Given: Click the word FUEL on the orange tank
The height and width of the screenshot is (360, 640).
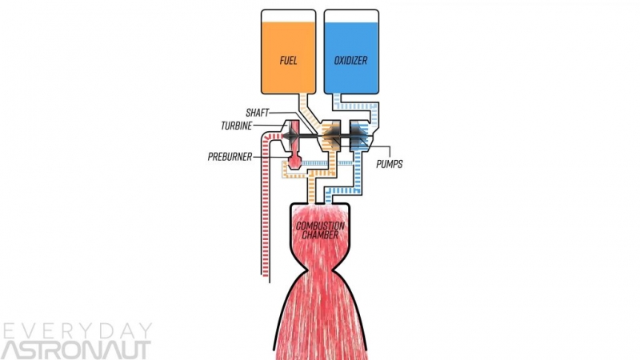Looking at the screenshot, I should (289, 60).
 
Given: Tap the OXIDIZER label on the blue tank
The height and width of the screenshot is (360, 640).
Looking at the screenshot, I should (351, 60).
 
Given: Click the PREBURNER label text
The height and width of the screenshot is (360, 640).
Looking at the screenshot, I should (230, 157).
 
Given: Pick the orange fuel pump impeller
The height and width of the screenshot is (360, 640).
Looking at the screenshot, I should (330, 139).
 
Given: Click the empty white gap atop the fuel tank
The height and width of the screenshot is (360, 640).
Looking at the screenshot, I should (289, 15).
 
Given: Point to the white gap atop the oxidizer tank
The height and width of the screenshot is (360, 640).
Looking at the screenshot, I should (351, 15).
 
